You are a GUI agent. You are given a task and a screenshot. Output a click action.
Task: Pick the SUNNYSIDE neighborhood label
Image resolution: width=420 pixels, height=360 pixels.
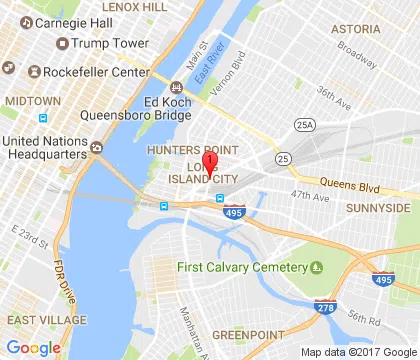click(378, 207)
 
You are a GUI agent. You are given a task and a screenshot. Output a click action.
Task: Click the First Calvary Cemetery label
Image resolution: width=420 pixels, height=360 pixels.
click(239, 267)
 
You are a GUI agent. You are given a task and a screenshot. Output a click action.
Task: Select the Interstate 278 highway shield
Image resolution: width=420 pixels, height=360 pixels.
click(323, 307)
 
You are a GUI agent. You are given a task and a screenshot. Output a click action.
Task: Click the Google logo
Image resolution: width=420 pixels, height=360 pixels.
click(33, 347)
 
